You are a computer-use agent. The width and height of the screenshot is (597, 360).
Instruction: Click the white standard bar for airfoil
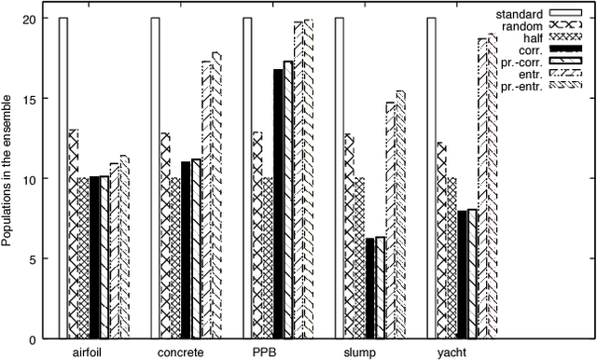[63, 177]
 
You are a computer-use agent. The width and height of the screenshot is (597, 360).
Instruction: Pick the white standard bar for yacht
[431, 177]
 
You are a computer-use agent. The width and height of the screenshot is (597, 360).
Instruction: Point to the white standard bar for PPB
[247, 177]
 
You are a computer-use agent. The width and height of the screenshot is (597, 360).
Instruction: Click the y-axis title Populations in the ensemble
[8, 177]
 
